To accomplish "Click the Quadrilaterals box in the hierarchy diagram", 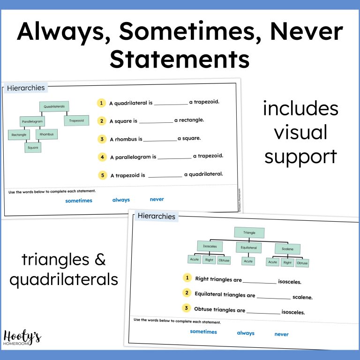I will pos(54,107).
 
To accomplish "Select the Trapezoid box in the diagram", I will pos(76,120).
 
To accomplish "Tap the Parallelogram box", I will pos(32,122).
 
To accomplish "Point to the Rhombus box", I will pos(46,135).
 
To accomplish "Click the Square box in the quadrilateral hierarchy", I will pos(33,148).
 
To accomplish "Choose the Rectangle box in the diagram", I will pos(19,135).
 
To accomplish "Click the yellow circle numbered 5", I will pos(102,175).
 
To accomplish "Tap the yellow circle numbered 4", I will pos(102,157).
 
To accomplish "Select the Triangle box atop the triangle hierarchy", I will pos(249,232).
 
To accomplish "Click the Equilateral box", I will pos(248,247).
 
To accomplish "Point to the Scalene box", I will pos(287,249).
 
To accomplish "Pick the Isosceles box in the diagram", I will pos(210,246).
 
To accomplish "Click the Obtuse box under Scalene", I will pos(302,263).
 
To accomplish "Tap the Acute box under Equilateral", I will pos(248,261).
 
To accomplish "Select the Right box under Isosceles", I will pos(209,260).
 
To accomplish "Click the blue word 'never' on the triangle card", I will pos(281,334).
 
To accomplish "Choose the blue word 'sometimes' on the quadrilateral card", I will pos(79,201).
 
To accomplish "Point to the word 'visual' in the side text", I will pos(300,133).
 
